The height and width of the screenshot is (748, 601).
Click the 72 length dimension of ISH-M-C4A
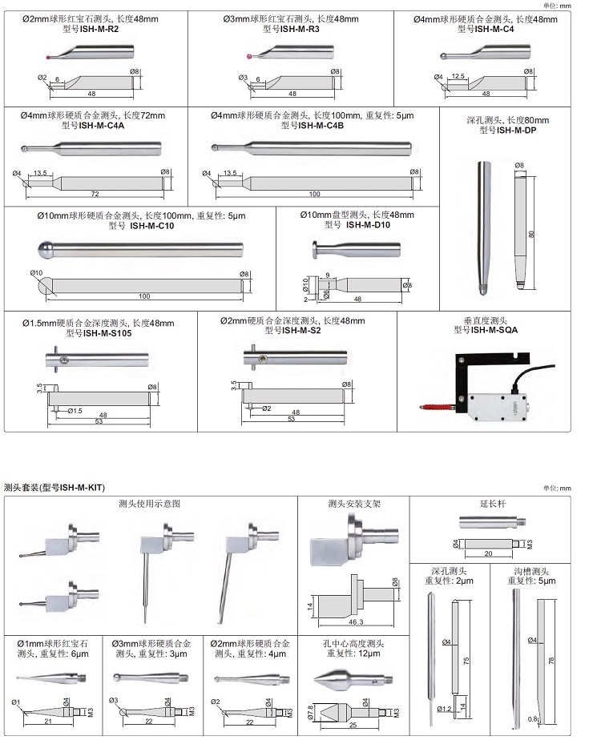95,195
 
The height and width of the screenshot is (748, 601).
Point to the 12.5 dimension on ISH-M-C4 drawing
458,76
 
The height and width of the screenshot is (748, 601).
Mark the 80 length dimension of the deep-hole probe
531,235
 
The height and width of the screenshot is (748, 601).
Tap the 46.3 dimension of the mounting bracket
353,621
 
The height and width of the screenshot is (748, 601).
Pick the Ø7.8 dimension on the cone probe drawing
312,710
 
